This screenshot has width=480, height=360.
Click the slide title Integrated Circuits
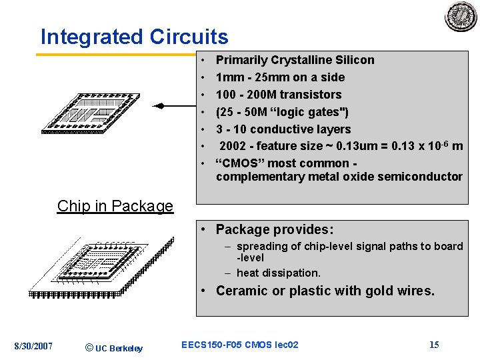(x=134, y=37)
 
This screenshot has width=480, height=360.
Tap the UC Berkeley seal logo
(x=461, y=17)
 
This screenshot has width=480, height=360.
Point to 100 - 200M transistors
(x=278, y=95)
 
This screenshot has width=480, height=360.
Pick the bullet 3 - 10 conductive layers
(x=283, y=129)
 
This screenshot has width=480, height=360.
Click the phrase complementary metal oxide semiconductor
(x=339, y=177)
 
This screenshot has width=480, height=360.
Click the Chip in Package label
(x=115, y=206)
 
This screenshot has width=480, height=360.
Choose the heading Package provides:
(x=274, y=229)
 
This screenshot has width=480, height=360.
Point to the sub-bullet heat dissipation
(x=278, y=273)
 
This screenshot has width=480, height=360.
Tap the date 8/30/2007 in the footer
(x=33, y=345)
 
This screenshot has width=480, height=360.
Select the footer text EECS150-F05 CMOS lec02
(x=239, y=345)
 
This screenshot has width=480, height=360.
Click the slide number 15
(x=434, y=345)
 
